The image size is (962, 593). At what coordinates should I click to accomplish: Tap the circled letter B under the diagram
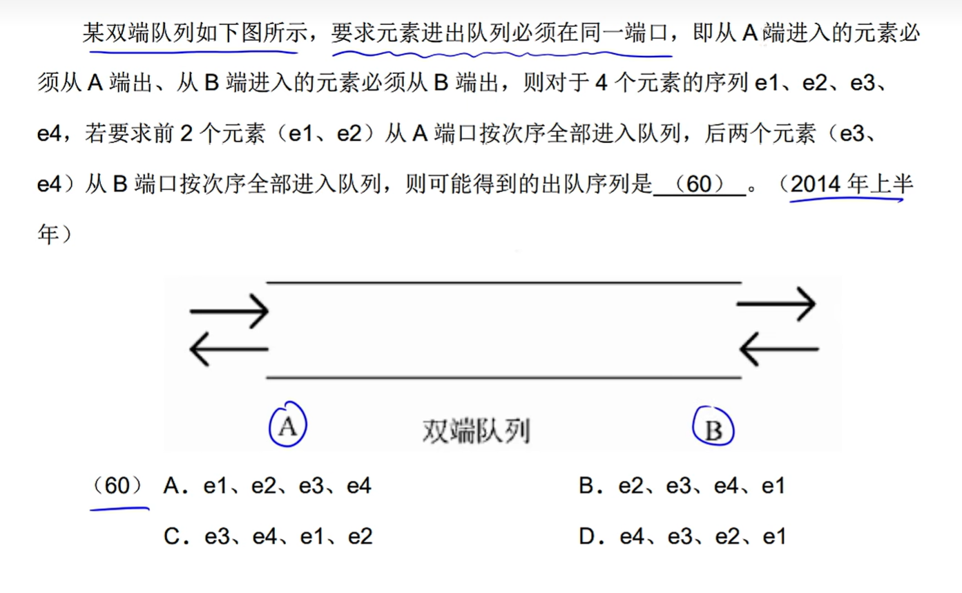(713, 430)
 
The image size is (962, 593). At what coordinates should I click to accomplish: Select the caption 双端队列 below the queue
(476, 431)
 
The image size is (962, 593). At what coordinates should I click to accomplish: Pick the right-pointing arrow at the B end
(777, 303)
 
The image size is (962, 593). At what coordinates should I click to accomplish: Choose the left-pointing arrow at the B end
(778, 348)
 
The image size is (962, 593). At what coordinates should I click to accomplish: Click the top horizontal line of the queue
(503, 283)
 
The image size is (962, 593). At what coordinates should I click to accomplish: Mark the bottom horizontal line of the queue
(503, 377)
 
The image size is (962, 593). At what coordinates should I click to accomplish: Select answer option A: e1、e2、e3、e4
(268, 487)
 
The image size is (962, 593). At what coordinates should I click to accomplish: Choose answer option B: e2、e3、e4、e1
(682, 487)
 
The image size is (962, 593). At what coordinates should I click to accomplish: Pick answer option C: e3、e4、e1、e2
(268, 536)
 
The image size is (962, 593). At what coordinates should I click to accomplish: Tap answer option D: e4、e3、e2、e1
(682, 536)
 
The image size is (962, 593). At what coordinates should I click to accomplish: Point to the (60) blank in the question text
(699, 185)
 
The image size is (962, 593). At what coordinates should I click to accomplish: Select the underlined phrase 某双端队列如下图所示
(189, 33)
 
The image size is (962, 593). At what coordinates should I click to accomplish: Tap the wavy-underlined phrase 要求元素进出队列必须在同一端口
(501, 33)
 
